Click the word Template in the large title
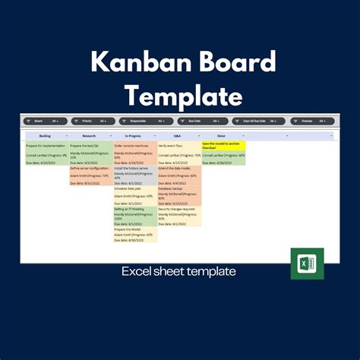coord(180,96)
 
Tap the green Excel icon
coord(306,264)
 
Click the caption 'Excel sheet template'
coord(179,271)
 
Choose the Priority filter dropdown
coord(93,121)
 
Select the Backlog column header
coord(46,136)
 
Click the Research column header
coord(90,136)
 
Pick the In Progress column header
coord(134,136)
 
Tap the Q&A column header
coord(178,136)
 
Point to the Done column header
coord(222,136)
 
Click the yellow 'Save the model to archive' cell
coord(223,144)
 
